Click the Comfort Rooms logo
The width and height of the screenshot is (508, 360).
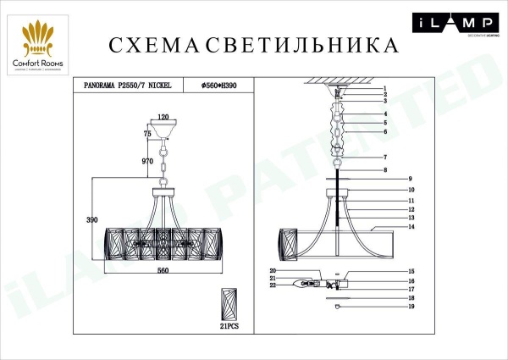click(x=41, y=47)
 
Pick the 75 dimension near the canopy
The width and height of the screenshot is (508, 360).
click(x=147, y=133)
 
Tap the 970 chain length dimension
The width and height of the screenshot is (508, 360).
click(x=149, y=159)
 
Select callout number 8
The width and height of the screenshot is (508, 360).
click(x=385, y=171)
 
